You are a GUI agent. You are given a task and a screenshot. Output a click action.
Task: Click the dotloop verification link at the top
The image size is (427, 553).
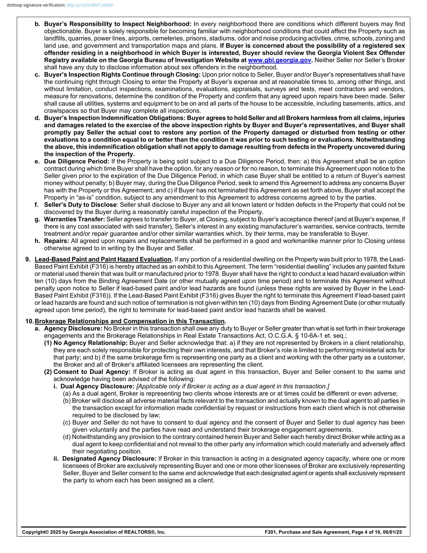click(x=89, y=5)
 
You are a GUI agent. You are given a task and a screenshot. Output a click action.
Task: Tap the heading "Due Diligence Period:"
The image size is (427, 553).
click(x=77, y=161)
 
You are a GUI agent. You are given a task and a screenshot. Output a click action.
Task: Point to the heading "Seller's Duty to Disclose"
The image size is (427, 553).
click(x=80, y=205)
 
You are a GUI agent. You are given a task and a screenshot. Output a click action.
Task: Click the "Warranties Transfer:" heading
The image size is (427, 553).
click(x=74, y=219)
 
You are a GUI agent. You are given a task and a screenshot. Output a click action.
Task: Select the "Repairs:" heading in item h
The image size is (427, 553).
click(x=57, y=241)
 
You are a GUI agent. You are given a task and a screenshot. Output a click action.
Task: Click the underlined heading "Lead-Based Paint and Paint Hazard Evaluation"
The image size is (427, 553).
click(x=103, y=260)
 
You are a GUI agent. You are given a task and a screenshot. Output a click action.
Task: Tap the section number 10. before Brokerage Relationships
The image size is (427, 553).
click(x=29, y=321)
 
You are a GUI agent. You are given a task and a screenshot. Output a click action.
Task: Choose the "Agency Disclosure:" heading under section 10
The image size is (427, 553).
click(x=73, y=329)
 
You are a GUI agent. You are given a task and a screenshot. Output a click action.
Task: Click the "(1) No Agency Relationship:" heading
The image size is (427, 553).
click(x=86, y=343)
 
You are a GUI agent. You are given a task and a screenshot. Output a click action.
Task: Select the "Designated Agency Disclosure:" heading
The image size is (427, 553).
click(x=109, y=459)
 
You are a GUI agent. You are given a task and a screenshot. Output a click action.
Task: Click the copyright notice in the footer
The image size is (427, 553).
click(x=94, y=532)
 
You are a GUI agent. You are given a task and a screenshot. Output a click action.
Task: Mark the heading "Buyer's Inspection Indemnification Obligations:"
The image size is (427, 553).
click(x=115, y=118)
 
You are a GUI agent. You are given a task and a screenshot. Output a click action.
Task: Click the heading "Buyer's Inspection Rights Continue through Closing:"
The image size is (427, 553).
click(x=122, y=75)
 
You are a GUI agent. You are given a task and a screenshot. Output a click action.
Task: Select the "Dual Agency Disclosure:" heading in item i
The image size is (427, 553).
click(x=97, y=386)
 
